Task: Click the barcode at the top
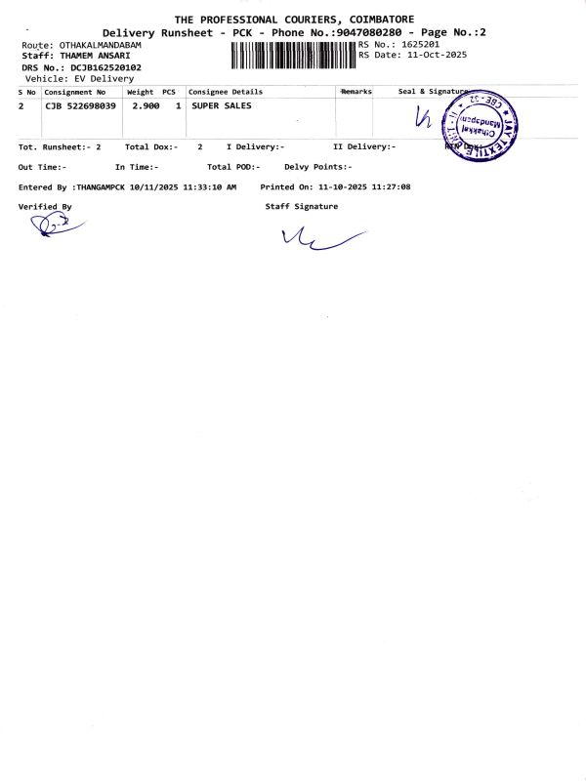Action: (294, 56)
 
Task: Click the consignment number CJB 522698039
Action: (81, 104)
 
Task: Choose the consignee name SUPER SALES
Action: (222, 104)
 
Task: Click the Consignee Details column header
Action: (226, 91)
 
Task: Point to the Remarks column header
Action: (356, 91)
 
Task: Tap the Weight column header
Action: (141, 91)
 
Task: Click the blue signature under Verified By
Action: (50, 226)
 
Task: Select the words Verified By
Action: (45, 207)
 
